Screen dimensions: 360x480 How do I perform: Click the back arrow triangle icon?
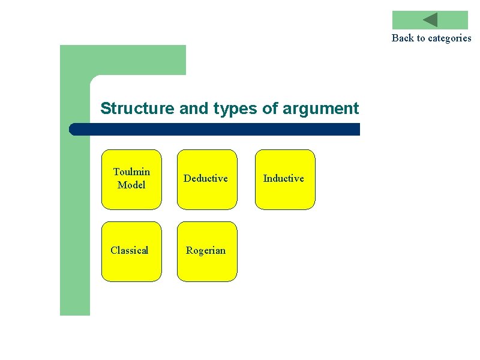431,20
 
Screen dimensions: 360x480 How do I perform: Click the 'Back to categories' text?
431,38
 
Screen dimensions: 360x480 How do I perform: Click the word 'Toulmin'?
131,172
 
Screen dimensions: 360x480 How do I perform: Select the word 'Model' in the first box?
131,185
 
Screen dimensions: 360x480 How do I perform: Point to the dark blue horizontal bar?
216,129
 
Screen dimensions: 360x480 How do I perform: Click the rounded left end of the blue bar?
73,129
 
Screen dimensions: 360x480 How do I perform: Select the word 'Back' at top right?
403,38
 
